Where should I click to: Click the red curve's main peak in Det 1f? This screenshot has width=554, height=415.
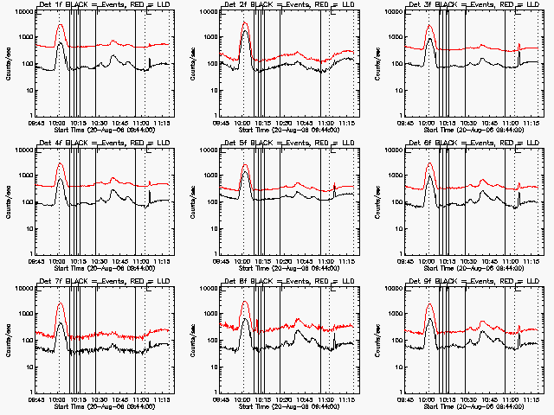[60, 25]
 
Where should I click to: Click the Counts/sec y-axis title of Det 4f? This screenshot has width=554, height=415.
[7, 203]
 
